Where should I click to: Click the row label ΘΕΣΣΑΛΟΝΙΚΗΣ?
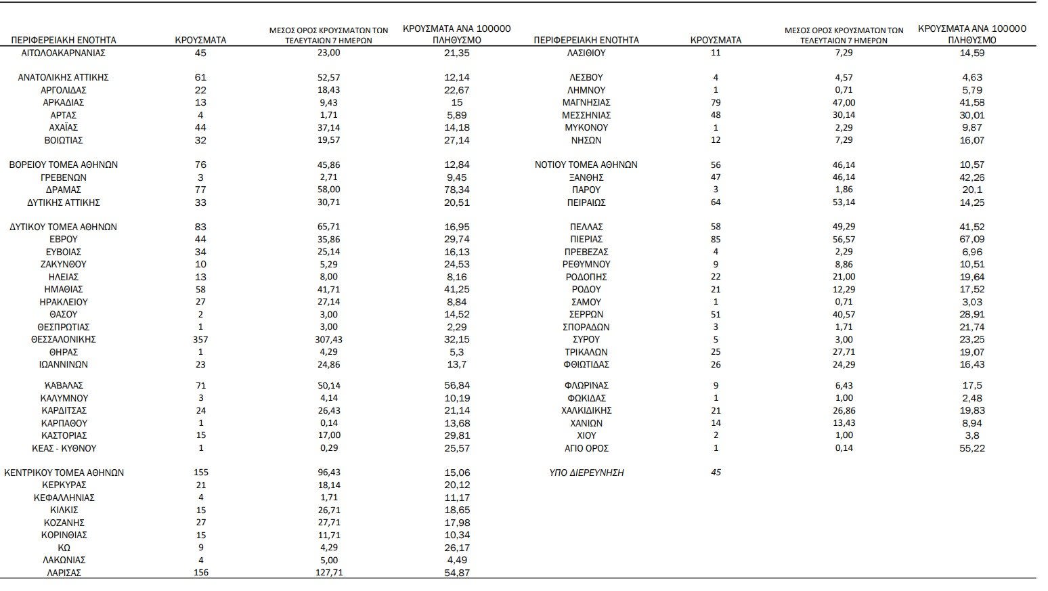pyautogui.click(x=64, y=339)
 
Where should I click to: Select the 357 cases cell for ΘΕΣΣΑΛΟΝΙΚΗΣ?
pyautogui.click(x=200, y=339)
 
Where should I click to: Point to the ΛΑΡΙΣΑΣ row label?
pyautogui.click(x=64, y=573)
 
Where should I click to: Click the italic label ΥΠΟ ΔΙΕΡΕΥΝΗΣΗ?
pyautogui.click(x=586, y=473)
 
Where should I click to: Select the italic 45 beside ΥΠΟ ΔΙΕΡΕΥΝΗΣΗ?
pyautogui.click(x=716, y=473)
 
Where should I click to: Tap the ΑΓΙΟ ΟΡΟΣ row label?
pyautogui.click(x=586, y=448)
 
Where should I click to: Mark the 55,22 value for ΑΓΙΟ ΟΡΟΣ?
pyautogui.click(x=972, y=448)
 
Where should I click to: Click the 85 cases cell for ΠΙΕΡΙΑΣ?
pyautogui.click(x=716, y=239)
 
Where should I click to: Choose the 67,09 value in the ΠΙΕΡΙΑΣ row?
pyautogui.click(x=972, y=239)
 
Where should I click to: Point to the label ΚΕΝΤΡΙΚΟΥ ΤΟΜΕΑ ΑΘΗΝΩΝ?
pyautogui.click(x=64, y=473)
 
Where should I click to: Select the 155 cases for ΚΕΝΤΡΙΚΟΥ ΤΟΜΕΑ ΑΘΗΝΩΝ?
pyautogui.click(x=200, y=473)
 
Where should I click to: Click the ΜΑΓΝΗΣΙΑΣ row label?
pyautogui.click(x=586, y=102)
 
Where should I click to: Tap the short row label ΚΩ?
pyautogui.click(x=64, y=548)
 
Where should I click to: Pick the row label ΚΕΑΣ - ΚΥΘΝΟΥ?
pyautogui.click(x=64, y=448)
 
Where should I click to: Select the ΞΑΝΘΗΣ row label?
pyautogui.click(x=586, y=177)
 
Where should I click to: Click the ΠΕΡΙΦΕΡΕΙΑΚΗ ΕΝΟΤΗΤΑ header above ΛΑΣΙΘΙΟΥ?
pyautogui.click(x=586, y=40)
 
